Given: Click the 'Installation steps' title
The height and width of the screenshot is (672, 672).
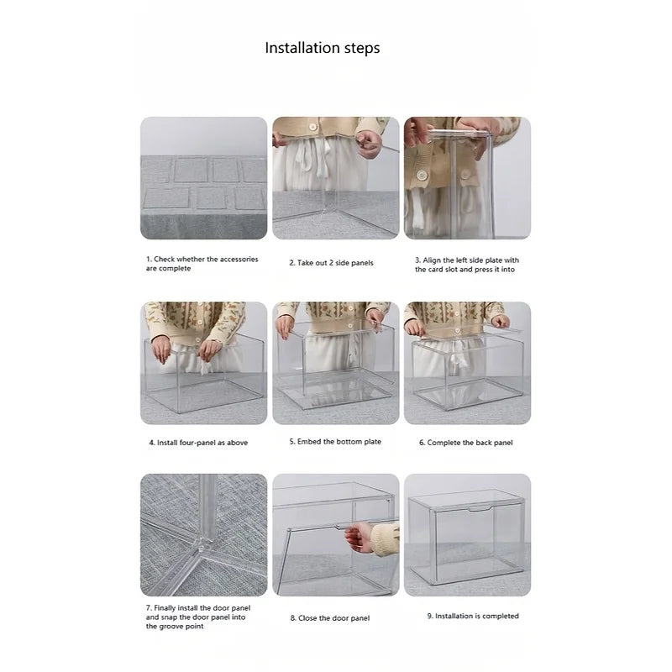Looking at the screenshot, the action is [323, 48].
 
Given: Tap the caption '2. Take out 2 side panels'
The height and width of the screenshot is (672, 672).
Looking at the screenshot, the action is [331, 263].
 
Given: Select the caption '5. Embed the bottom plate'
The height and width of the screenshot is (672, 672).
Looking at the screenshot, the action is [335, 442].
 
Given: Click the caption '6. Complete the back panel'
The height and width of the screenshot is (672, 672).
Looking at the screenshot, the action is [466, 443].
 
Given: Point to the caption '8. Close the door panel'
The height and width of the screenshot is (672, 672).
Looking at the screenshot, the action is [330, 618].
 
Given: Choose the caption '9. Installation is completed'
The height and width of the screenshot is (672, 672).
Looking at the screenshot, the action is [473, 616].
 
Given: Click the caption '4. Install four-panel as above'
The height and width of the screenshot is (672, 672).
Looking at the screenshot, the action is [198, 443].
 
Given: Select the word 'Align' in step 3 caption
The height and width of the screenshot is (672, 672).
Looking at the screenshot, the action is [432, 260].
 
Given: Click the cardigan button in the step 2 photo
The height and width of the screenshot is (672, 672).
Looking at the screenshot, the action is [312, 127].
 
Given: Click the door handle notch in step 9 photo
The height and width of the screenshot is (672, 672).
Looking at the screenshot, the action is [480, 510].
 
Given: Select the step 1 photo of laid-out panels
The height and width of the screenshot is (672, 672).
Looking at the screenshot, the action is [203, 178].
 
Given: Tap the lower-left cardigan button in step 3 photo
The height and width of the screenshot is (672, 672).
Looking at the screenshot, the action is [422, 176].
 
